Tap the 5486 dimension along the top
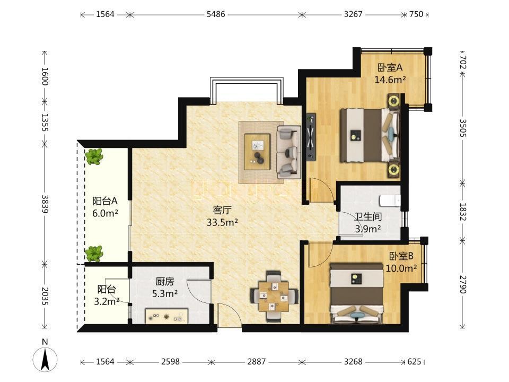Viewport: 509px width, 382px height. tap(216, 14)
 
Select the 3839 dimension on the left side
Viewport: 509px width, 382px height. tap(45, 204)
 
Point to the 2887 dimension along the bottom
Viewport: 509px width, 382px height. tap(257, 361)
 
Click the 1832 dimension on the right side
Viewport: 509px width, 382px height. tap(463, 212)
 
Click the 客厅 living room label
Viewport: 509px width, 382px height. tap(222, 210)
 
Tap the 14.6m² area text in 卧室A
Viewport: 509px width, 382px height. tap(390, 80)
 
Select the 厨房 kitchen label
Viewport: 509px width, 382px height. tap(164, 281)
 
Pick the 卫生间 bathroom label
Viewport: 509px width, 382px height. tap(367, 216)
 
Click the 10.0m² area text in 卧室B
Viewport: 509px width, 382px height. tap(401, 268)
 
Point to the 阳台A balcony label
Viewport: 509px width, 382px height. tap(105, 201)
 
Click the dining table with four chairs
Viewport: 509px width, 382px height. tap(274, 296)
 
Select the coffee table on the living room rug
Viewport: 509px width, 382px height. tap(258, 152)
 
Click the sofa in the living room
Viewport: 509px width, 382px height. tap(288, 152)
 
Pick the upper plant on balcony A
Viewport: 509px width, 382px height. tap(94, 157)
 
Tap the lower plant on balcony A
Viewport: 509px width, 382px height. tap(94, 254)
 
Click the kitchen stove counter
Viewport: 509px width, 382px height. tap(166, 316)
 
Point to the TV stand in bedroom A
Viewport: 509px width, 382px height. tap(311, 137)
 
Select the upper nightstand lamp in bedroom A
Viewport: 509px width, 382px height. tap(394, 100)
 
